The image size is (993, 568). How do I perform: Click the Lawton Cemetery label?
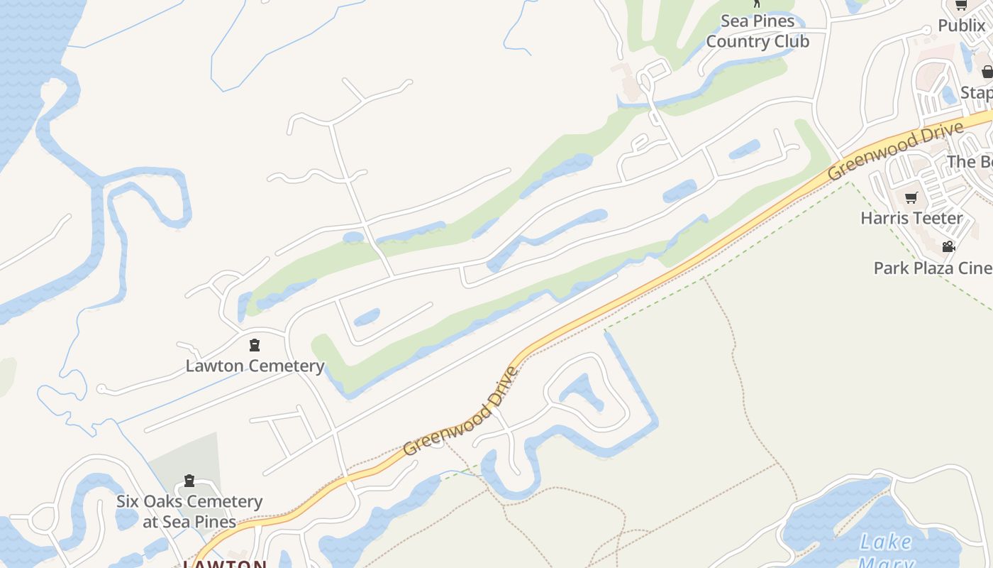coord(255,366)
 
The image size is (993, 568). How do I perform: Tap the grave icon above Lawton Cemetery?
coord(255,346)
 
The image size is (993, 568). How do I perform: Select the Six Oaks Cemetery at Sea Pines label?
coord(189,511)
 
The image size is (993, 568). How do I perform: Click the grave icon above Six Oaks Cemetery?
coord(189,481)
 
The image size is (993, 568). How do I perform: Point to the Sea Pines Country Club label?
coord(758,31)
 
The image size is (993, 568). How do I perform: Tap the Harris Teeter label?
coord(911,218)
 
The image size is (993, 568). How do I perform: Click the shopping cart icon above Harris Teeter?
coord(911,198)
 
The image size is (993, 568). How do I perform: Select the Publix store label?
coord(962,26)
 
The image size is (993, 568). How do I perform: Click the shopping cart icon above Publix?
coord(961,6)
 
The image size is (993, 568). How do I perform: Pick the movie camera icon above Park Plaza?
coord(948,247)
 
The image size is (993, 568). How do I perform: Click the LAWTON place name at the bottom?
coord(225,564)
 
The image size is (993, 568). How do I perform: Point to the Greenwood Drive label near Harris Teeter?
coord(895,151)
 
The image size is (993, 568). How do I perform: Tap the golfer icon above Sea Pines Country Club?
coord(757,4)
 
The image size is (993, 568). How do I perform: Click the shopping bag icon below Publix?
coord(987,72)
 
